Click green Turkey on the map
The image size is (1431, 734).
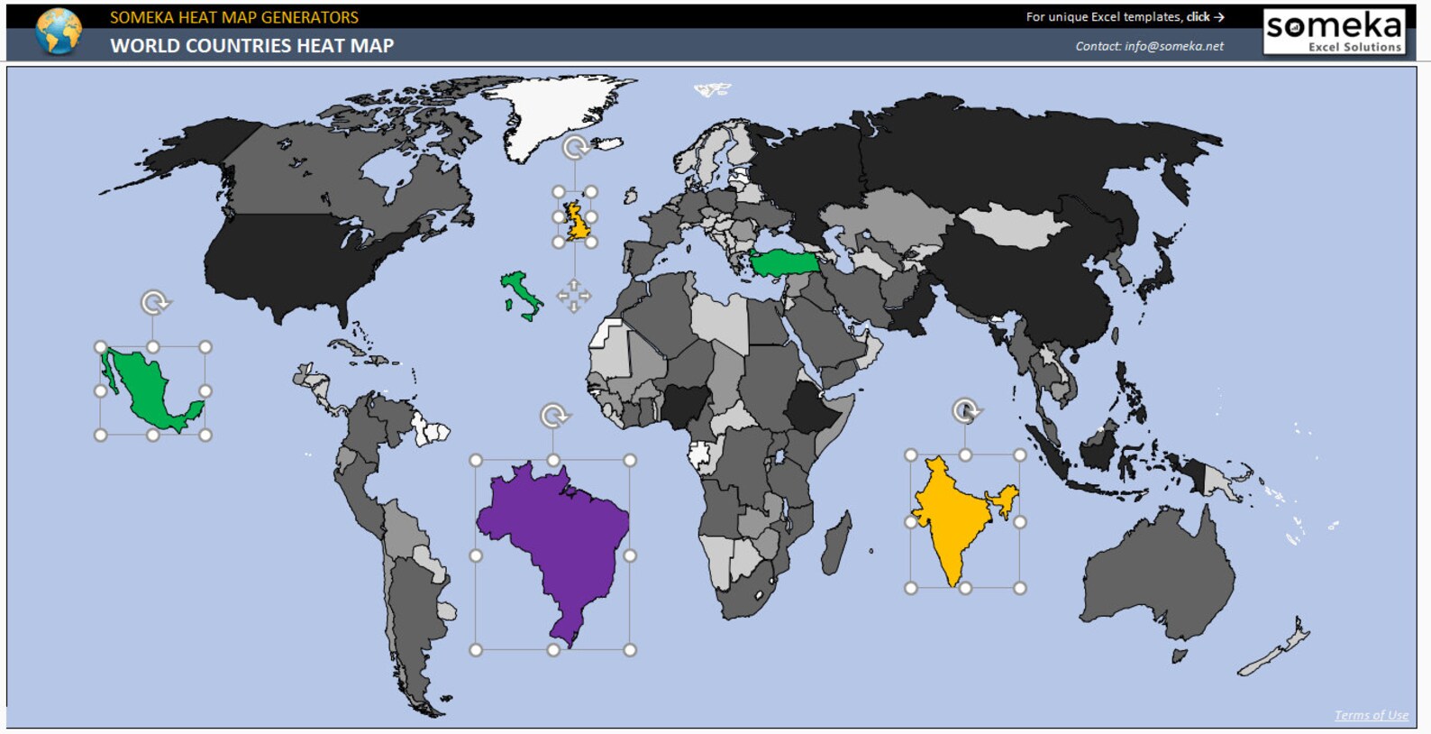pyautogui.click(x=784, y=262)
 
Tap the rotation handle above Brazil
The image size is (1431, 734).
pyautogui.click(x=554, y=416)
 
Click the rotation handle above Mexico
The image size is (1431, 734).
pyautogui.click(x=155, y=302)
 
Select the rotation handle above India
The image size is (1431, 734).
pyautogui.click(x=965, y=411)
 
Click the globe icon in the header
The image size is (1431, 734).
pyautogui.click(x=59, y=31)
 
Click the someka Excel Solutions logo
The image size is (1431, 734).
pyautogui.click(x=1335, y=32)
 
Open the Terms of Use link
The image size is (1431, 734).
pyautogui.click(x=1371, y=715)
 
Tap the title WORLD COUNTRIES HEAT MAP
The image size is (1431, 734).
pyautogui.click(x=252, y=46)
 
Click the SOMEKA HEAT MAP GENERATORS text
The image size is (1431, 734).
pyautogui.click(x=234, y=17)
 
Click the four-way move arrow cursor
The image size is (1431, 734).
pyautogui.click(x=574, y=295)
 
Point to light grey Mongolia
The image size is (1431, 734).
pyautogui.click(x=1014, y=225)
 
